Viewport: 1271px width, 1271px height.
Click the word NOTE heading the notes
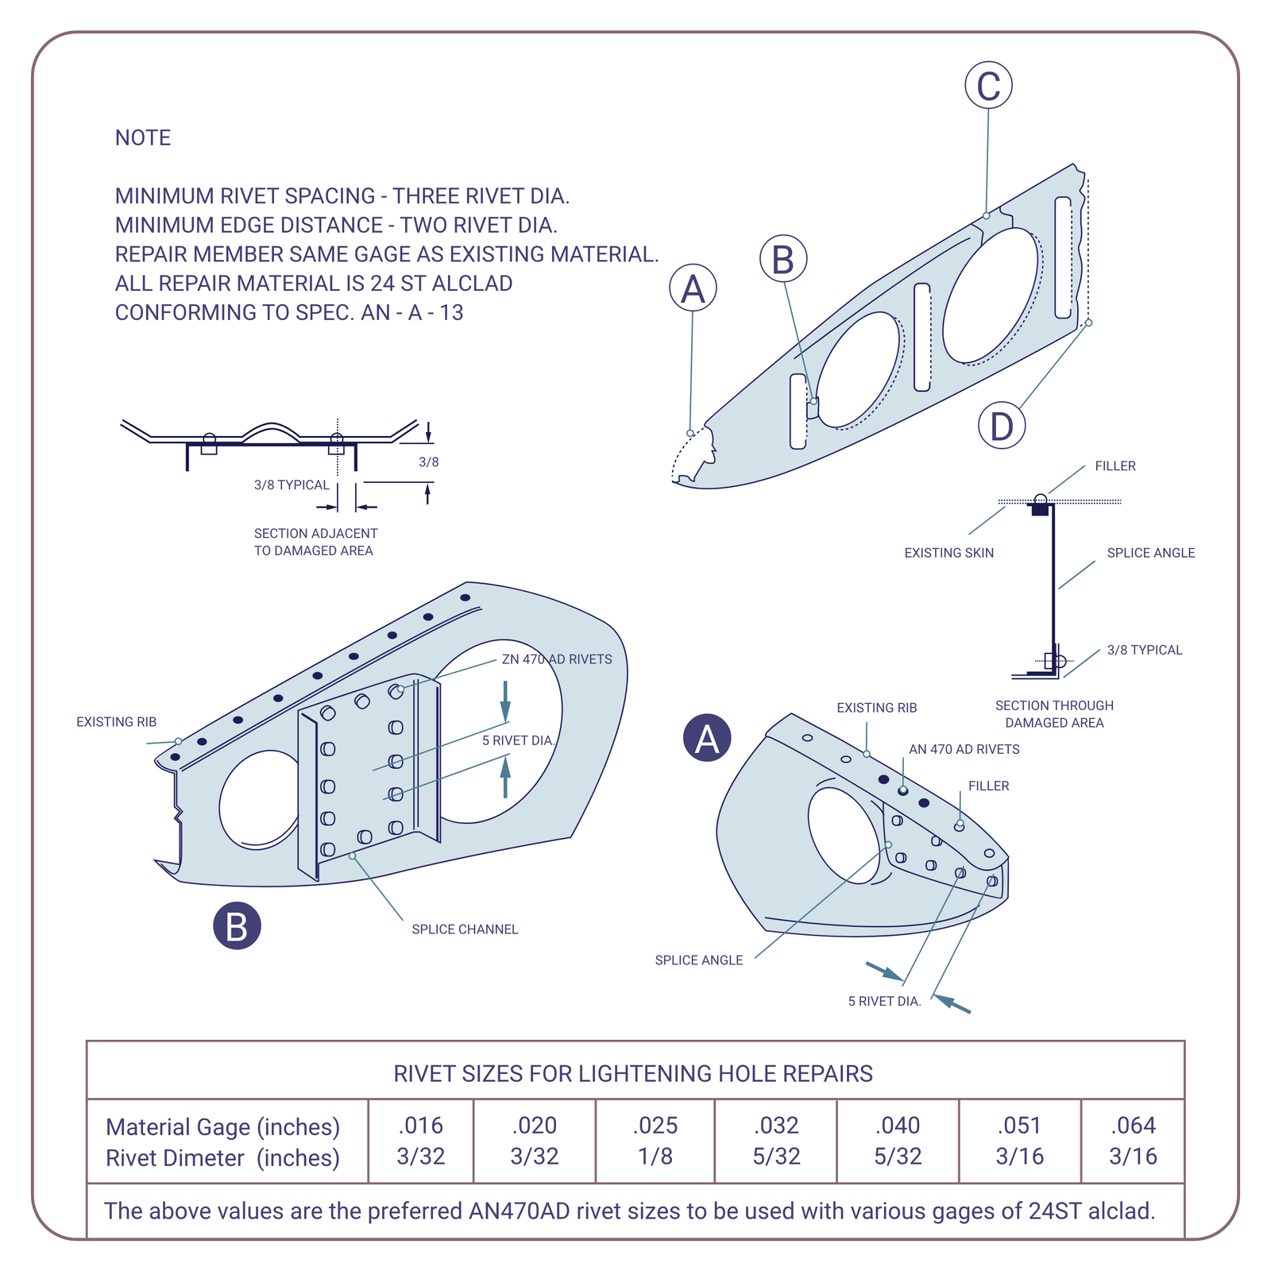coord(143,138)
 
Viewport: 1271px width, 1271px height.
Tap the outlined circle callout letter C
coord(988,86)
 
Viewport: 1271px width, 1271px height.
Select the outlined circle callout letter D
coord(1002,426)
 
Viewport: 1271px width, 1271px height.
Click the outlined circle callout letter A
coord(693,288)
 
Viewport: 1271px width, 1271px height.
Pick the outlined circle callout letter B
coord(783,259)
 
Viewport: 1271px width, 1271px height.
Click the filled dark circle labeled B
coord(237,926)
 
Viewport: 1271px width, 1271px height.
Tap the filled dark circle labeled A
coord(707,738)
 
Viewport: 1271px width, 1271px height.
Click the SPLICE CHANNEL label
coord(465,929)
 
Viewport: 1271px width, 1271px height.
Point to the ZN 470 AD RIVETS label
coord(557,659)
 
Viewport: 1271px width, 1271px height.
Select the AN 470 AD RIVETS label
coord(964,749)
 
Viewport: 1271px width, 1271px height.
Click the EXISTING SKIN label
coord(948,553)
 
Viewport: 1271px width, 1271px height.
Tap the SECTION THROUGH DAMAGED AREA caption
coord(1054,714)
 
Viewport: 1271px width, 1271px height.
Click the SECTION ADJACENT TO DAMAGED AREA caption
coord(315,542)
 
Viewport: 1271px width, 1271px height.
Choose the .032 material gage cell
coord(776,1126)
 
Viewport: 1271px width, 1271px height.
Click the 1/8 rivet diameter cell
coord(655,1157)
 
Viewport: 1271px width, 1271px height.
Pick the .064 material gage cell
coord(1133,1126)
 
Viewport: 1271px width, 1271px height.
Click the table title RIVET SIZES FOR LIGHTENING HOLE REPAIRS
coord(633,1074)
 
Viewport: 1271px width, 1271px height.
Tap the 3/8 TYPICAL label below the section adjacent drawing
coord(292,485)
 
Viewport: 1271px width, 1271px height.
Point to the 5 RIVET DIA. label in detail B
coord(518,740)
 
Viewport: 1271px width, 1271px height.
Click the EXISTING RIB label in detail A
coord(876,708)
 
